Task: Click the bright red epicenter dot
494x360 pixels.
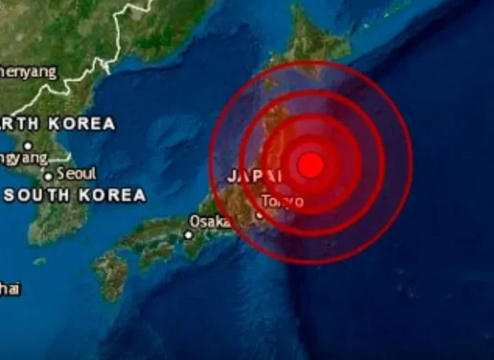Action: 310,165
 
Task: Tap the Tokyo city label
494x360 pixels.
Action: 282,202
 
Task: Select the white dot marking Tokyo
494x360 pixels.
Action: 260,214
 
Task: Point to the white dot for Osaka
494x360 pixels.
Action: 189,234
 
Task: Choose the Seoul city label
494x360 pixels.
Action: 76,173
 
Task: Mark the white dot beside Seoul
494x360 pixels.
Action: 48,176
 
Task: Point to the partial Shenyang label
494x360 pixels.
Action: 28,72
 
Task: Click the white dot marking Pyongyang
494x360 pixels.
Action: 28,146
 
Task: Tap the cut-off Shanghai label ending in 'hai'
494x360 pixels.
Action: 10,289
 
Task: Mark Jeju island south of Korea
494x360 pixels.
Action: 39,261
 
